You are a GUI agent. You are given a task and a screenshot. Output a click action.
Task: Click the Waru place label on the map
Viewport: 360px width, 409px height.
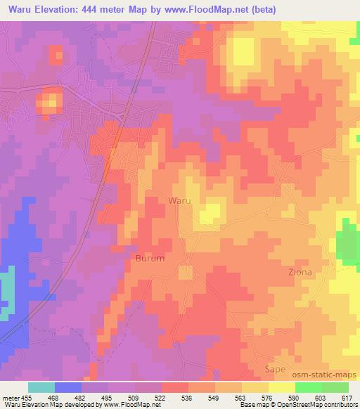point(179,200)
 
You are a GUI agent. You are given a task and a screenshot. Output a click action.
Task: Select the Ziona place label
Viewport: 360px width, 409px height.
point(299,271)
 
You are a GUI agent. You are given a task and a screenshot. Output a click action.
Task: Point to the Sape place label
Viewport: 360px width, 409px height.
point(275,368)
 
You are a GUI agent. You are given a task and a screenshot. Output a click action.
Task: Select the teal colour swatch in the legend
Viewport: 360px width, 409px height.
point(41,387)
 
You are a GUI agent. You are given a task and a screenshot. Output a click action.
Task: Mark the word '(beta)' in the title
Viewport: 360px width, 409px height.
point(261,10)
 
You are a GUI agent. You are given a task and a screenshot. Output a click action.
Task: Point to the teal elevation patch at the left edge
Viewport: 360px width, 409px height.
point(6,292)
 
